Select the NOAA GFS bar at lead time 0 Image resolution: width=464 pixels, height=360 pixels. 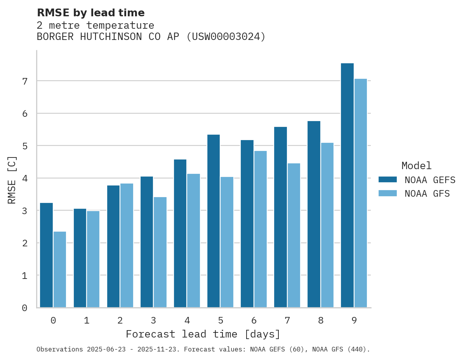pos(60,270)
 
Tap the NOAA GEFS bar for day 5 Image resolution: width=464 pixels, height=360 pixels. pos(214,221)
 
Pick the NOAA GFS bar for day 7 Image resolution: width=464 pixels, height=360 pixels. pos(294,235)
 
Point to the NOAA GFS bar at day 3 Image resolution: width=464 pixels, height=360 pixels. pos(160,252)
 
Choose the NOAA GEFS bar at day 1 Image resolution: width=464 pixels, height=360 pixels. pos(80,258)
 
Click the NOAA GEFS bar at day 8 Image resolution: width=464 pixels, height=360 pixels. pos(314,214)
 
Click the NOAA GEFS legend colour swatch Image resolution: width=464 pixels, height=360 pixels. pos(388,179)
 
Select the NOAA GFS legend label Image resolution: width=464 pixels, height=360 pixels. pos(427,194)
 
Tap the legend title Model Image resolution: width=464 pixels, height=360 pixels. pos(416,166)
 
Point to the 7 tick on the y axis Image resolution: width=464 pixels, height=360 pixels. pos(24,81)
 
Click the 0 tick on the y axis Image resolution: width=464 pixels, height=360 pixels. pos(24,308)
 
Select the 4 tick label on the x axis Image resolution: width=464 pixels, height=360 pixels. pos(187,320)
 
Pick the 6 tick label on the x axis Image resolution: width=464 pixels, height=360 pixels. pos(254,320)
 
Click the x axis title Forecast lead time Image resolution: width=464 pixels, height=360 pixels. pos(203,334)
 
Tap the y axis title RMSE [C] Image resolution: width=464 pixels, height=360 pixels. pos(12,180)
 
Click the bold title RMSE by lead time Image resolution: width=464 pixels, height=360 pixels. pos(90,13)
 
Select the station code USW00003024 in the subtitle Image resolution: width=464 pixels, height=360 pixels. pos(226,37)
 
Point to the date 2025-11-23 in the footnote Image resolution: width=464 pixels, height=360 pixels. pos(160,350)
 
